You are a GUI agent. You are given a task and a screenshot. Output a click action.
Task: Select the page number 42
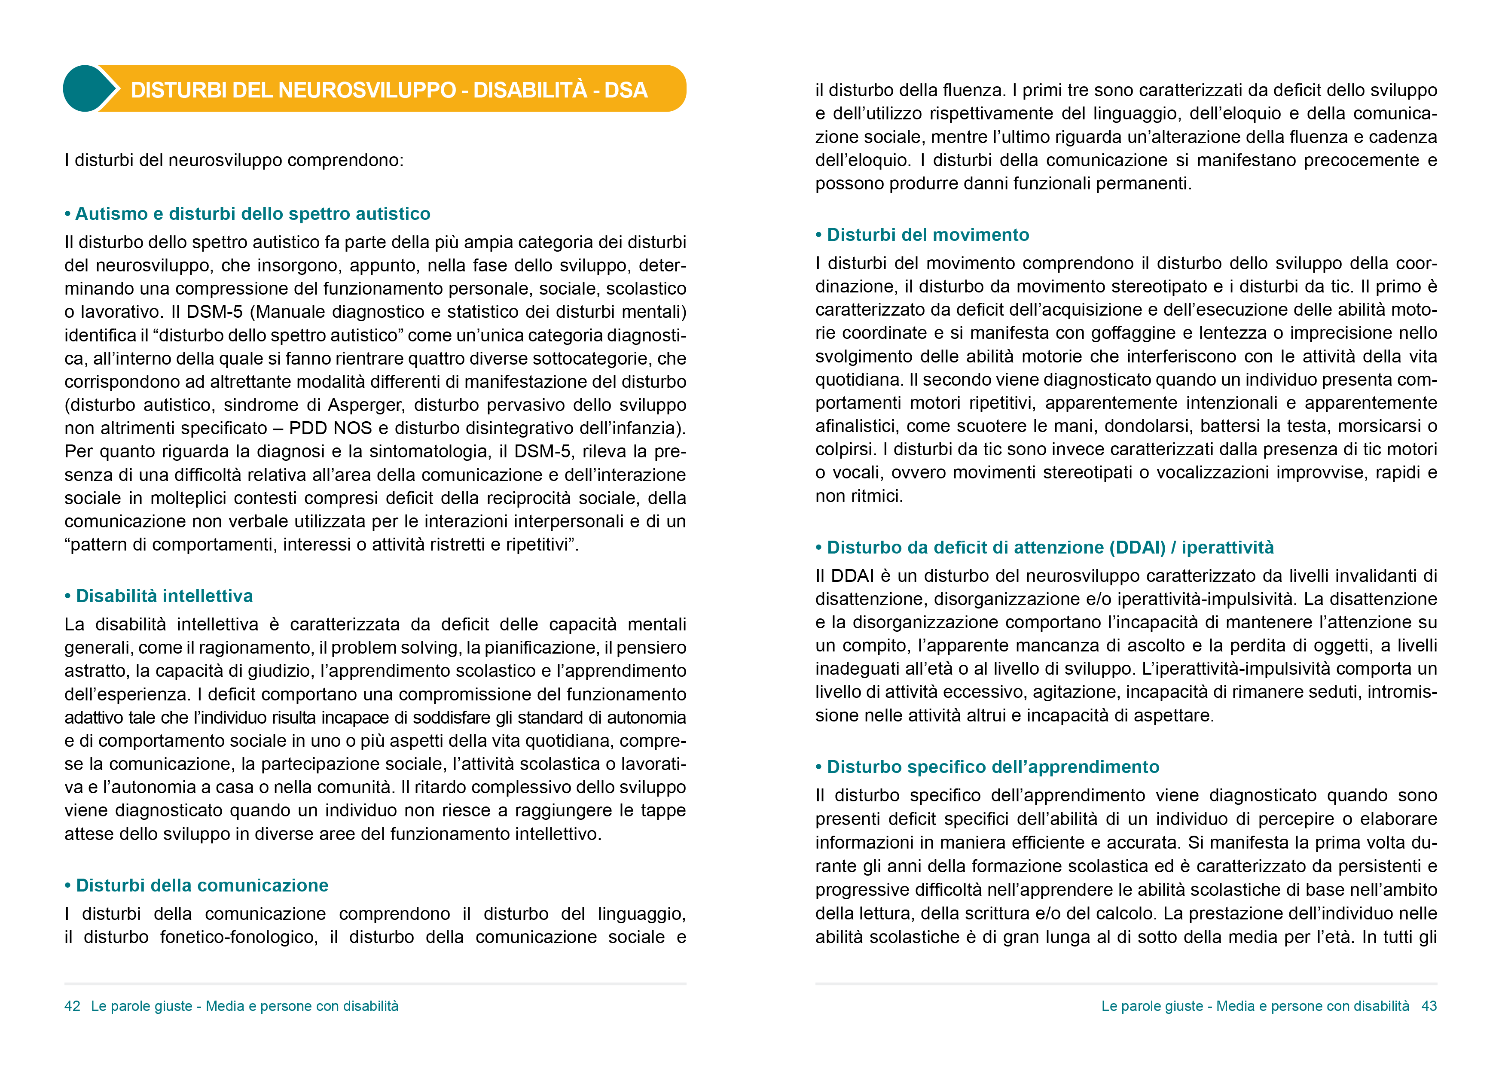click(72, 1006)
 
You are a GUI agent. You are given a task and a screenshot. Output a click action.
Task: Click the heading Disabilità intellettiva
click(164, 596)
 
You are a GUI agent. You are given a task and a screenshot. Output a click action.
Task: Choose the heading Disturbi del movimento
click(928, 235)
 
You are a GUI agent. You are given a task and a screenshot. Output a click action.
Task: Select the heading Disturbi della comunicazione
click(202, 885)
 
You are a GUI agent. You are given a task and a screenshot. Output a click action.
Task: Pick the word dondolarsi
click(1147, 426)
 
